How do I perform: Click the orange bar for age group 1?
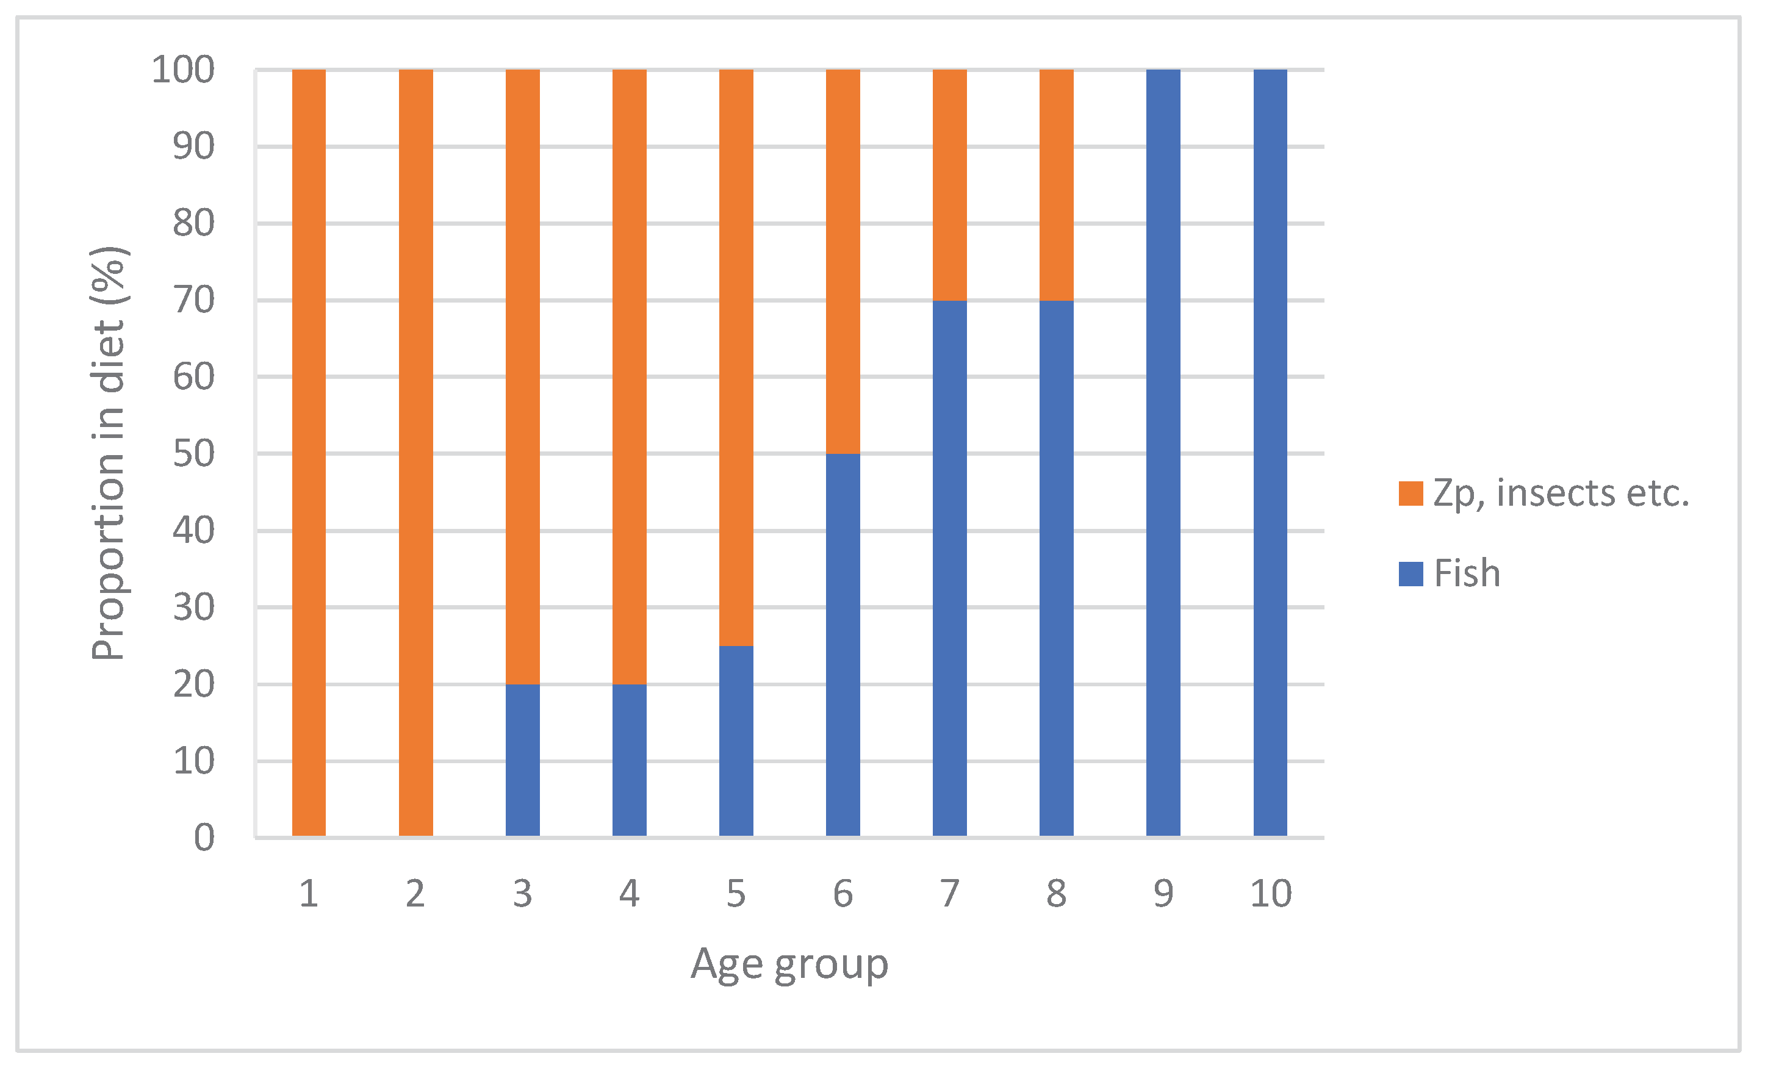(309, 452)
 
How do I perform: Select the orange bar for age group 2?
(415, 452)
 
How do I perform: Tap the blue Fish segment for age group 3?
(522, 760)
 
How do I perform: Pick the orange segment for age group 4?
(629, 377)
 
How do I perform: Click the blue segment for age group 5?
(736, 741)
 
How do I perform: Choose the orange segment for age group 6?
(843, 262)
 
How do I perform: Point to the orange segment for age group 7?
(949, 185)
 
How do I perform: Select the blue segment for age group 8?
(1056, 569)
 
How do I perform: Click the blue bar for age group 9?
(1163, 452)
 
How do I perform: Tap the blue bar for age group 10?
(1270, 452)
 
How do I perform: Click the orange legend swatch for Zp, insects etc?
(1410, 494)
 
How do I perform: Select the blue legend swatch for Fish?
(1410, 573)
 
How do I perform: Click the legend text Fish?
(1467, 573)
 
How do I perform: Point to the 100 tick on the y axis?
(183, 70)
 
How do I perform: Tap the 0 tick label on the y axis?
(204, 838)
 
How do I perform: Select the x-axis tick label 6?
(843, 894)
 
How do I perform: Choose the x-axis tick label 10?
(1270, 894)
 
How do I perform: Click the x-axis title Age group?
(789, 964)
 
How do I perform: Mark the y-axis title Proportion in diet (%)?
(109, 453)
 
